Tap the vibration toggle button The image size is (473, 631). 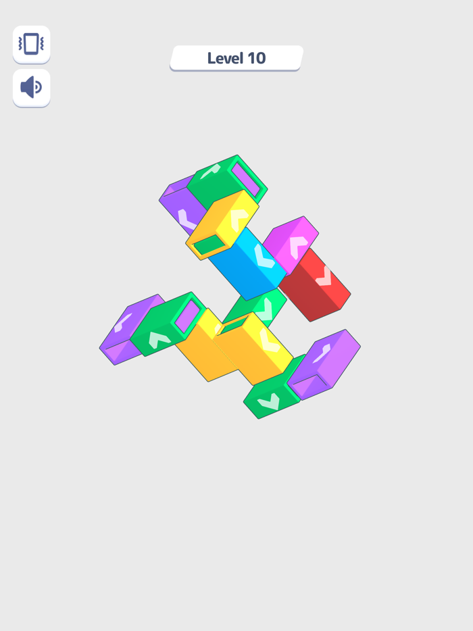point(31,45)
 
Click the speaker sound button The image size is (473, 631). point(31,87)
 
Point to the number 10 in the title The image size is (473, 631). point(257,58)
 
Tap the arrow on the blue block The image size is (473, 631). point(264,256)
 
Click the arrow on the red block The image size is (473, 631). point(324,276)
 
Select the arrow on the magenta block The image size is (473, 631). point(298,247)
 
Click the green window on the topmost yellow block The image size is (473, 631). point(209,245)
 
